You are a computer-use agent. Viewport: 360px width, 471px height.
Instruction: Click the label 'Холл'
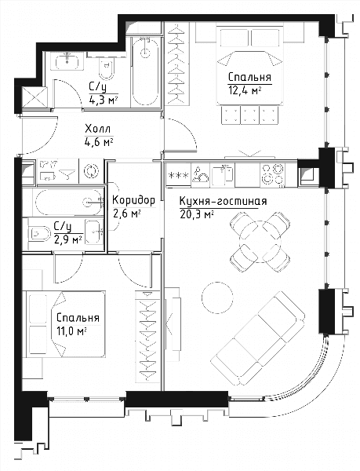[x=97, y=130]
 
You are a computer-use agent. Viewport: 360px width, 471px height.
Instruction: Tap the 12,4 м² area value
[x=245, y=90]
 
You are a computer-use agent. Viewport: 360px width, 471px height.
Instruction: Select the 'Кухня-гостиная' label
[x=223, y=201]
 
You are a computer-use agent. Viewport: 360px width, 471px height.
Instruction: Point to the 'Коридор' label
[x=133, y=200]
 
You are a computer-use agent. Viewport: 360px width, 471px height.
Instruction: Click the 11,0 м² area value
[x=71, y=331]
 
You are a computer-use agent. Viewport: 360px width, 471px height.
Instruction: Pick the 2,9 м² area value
[x=68, y=240]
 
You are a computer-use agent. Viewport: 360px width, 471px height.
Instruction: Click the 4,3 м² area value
[x=103, y=100]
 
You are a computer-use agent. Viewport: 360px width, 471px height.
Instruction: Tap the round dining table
[x=260, y=242]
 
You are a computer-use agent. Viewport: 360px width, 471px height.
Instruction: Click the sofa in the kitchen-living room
[x=258, y=338]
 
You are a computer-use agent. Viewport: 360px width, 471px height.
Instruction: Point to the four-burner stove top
[x=273, y=175]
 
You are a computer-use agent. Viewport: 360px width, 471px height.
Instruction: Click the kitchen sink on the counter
[x=222, y=175]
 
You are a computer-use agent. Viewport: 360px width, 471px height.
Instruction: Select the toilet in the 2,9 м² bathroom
[x=39, y=234]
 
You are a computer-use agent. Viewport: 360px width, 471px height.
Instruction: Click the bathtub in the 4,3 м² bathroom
[x=146, y=71]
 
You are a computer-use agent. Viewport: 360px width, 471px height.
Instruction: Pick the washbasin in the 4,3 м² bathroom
[x=67, y=61]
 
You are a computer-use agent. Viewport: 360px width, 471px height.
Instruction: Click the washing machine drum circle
[x=91, y=171]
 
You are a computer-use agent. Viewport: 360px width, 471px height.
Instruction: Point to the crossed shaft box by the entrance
[x=35, y=97]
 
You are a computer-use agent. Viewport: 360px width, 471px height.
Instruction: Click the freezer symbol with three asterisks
[x=178, y=175]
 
